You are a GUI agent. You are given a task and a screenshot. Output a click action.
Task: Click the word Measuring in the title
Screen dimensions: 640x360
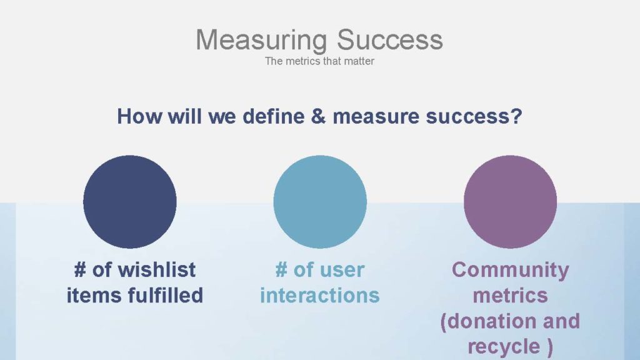coord(261,41)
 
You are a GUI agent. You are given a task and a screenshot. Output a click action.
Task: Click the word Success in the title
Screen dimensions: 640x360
coord(390,39)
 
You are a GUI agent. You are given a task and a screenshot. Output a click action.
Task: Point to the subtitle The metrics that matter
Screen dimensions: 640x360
coord(319,61)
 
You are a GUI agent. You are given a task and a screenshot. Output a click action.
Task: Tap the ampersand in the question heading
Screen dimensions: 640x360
coord(318,116)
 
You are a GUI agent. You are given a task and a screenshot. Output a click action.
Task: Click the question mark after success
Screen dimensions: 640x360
coord(516,116)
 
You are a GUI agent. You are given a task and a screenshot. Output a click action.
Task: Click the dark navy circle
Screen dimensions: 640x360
coord(130,202)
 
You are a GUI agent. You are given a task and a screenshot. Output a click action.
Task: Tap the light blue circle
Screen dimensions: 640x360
coord(320,202)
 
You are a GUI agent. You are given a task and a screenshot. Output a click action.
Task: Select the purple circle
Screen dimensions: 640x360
coord(510,202)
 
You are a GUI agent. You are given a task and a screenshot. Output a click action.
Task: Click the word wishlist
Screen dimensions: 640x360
coord(157,270)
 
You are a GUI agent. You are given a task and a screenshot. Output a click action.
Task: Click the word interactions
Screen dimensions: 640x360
coord(320,295)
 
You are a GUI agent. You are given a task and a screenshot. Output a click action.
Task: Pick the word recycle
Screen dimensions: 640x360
coord(504,347)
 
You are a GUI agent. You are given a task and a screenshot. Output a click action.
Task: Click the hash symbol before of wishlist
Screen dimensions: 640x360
coord(80,270)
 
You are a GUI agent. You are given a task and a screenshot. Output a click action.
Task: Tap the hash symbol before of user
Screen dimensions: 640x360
coord(281,270)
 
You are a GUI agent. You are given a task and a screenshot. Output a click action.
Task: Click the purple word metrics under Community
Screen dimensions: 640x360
coord(510,296)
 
